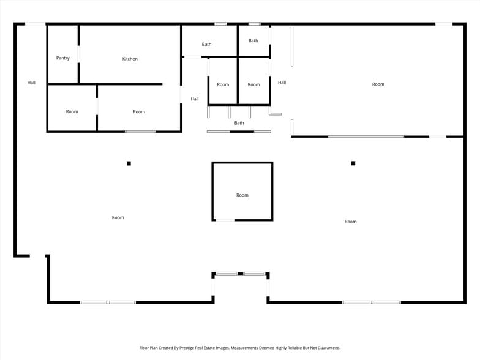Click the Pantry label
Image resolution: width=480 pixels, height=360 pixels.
[x=62, y=58]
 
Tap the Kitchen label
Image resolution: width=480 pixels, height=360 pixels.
[x=130, y=59]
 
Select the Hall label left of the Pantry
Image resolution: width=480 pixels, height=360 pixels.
[x=31, y=83]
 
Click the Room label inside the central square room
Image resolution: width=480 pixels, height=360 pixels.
[x=242, y=195]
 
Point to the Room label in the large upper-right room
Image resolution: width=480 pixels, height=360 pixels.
[x=378, y=84]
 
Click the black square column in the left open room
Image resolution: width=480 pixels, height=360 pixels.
[x=129, y=163]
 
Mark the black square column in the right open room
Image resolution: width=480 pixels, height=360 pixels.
[x=353, y=163]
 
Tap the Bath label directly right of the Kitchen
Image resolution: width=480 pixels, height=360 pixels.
[x=207, y=44]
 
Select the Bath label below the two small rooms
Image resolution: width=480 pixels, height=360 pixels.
[x=239, y=123]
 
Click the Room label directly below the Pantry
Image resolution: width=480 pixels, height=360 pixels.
[x=72, y=111]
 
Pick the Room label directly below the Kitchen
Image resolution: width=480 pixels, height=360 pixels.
[x=139, y=111]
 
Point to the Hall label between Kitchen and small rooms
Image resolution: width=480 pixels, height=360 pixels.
[x=195, y=99]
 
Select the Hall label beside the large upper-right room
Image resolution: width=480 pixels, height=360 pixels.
[x=282, y=83]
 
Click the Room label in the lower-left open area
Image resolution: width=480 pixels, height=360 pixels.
[x=118, y=217]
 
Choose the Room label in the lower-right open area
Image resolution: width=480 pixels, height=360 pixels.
[x=350, y=222]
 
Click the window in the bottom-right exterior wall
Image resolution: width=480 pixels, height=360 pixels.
[x=372, y=302]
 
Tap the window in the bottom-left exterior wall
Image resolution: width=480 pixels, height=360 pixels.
[x=108, y=302]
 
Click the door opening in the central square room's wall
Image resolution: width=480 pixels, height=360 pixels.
[x=225, y=220]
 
